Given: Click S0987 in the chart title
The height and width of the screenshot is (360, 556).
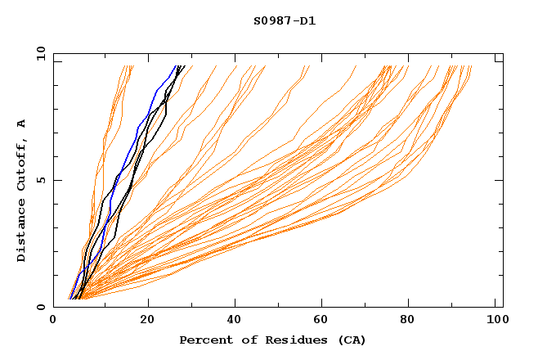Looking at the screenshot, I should pos(269,21).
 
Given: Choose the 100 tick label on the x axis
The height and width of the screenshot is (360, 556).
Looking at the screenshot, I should pos(495,322).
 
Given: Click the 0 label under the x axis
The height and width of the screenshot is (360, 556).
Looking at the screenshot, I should pos(54,322).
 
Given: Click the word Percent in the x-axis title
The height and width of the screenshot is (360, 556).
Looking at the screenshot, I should pos(203,340).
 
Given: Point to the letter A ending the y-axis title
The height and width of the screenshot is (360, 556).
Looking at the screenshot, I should pos(22,124).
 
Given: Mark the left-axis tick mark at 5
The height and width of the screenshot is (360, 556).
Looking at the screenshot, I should pos(57,180).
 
